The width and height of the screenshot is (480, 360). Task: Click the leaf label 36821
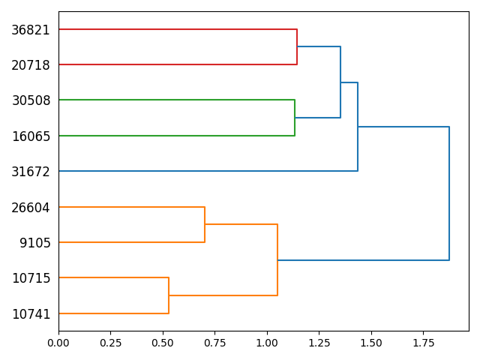tap(31, 30)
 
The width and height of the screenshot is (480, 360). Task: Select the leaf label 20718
tap(31, 65)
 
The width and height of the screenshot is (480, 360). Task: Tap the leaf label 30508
tap(31, 100)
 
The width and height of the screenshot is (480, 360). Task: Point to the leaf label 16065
tap(31, 136)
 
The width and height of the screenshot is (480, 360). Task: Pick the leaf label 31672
tap(31, 172)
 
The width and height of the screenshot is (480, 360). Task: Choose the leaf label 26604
tap(31, 208)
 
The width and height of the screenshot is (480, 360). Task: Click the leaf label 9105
tap(35, 243)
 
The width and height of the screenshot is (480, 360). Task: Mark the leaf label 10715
tap(31, 278)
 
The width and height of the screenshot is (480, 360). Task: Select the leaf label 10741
tap(31, 314)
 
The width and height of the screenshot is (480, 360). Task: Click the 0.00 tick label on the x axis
tap(58, 343)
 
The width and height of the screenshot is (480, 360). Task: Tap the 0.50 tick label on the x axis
tap(163, 343)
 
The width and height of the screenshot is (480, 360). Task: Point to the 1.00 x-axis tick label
tap(267, 343)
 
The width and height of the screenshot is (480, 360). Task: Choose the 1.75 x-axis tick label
tap(423, 343)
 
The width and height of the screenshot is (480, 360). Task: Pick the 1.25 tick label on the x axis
tap(319, 343)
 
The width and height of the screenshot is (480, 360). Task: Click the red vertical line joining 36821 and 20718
tap(297, 46)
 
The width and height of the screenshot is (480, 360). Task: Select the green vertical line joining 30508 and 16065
tap(295, 118)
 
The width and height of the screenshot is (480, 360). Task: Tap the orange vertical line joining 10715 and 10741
tap(169, 295)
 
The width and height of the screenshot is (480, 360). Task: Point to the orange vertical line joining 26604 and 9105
tap(205, 225)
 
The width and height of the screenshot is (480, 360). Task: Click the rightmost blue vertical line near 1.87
tap(449, 193)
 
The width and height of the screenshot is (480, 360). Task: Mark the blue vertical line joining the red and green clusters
tap(340, 82)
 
